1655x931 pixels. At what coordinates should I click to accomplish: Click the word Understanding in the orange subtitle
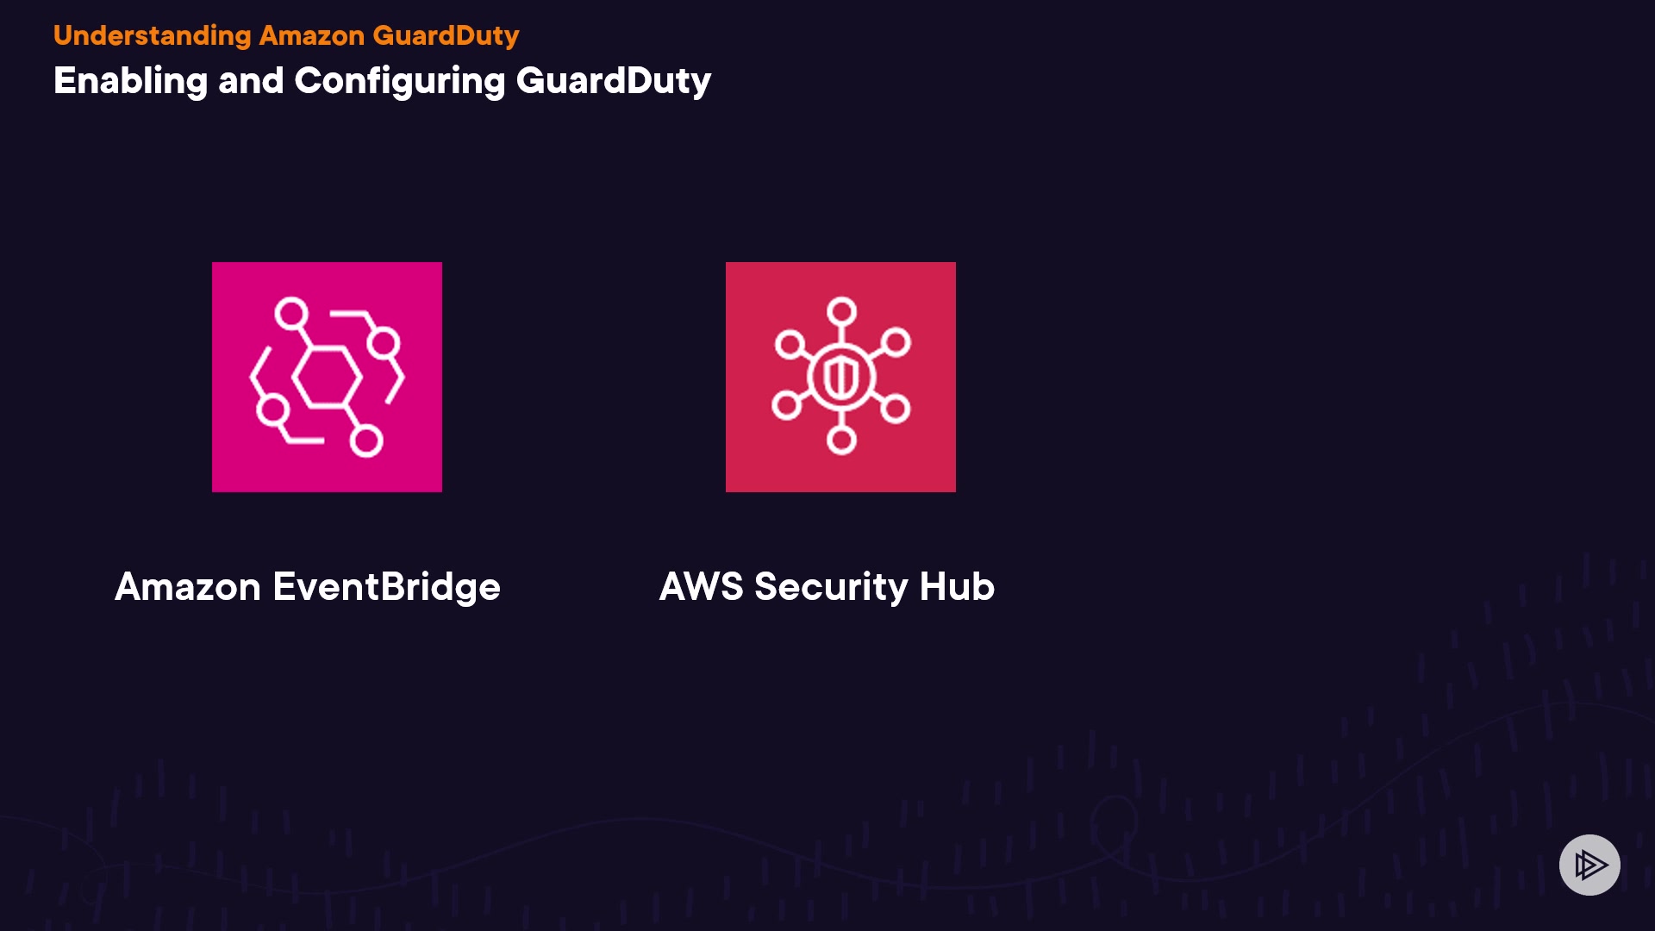point(152,35)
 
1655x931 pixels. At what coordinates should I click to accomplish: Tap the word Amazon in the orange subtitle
point(312,35)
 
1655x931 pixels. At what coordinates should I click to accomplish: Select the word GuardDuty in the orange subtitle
point(446,35)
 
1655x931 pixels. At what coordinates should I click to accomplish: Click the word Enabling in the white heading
point(130,81)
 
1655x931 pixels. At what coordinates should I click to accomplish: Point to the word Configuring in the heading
point(400,81)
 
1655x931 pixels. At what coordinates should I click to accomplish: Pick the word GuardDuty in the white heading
point(614,81)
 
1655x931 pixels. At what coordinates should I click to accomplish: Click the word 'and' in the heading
point(251,81)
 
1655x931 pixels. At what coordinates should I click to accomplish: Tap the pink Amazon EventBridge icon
point(327,377)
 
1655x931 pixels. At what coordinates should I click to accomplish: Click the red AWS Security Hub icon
point(840,377)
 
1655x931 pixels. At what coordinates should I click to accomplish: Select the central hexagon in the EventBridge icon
point(327,377)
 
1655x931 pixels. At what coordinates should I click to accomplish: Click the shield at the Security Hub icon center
point(840,377)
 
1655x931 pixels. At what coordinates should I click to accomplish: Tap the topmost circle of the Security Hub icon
point(841,311)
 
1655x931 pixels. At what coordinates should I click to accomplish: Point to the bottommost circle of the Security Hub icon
point(841,440)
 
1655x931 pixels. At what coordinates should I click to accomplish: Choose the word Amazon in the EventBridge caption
point(188,587)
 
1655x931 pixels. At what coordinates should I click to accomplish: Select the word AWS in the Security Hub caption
point(701,586)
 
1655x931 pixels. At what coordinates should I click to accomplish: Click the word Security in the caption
point(831,587)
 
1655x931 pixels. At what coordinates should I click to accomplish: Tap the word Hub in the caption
point(957,586)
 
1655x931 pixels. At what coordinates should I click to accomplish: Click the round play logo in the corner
point(1589,865)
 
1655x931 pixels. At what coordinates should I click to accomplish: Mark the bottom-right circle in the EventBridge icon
point(366,441)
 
